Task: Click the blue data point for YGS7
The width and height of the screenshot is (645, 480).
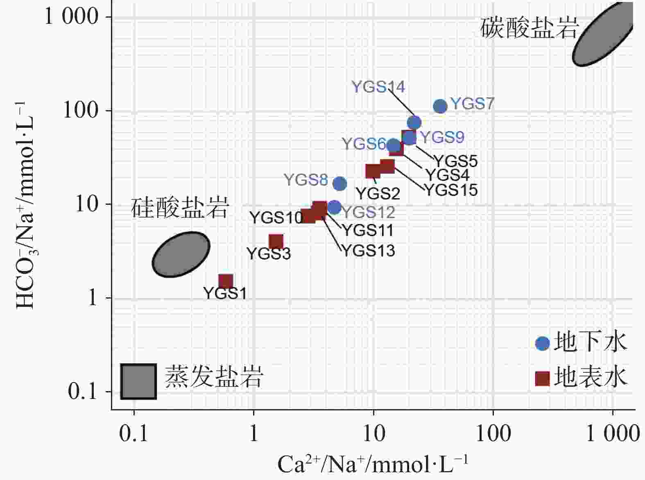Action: (440, 106)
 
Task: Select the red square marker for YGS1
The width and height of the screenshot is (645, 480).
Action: (226, 281)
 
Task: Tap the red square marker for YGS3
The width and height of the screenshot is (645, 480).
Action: (276, 242)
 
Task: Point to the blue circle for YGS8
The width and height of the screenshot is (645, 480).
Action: (340, 184)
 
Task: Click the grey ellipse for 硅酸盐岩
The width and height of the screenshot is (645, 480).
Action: (181, 254)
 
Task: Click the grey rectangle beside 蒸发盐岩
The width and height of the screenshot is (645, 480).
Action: (138, 381)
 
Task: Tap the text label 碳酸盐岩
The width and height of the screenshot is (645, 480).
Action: (529, 28)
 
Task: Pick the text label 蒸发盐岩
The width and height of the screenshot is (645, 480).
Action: (214, 376)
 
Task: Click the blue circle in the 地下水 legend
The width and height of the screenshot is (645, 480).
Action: (542, 343)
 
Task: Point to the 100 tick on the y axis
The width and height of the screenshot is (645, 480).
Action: (81, 111)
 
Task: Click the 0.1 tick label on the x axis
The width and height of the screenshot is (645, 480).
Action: (134, 434)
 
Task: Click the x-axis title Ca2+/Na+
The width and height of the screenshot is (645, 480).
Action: (372, 464)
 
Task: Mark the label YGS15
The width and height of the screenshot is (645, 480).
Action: (450, 190)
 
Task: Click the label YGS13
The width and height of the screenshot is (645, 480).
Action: (368, 250)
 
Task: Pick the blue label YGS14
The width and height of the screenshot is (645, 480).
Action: (378, 87)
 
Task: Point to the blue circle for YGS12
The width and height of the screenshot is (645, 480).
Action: (335, 207)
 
